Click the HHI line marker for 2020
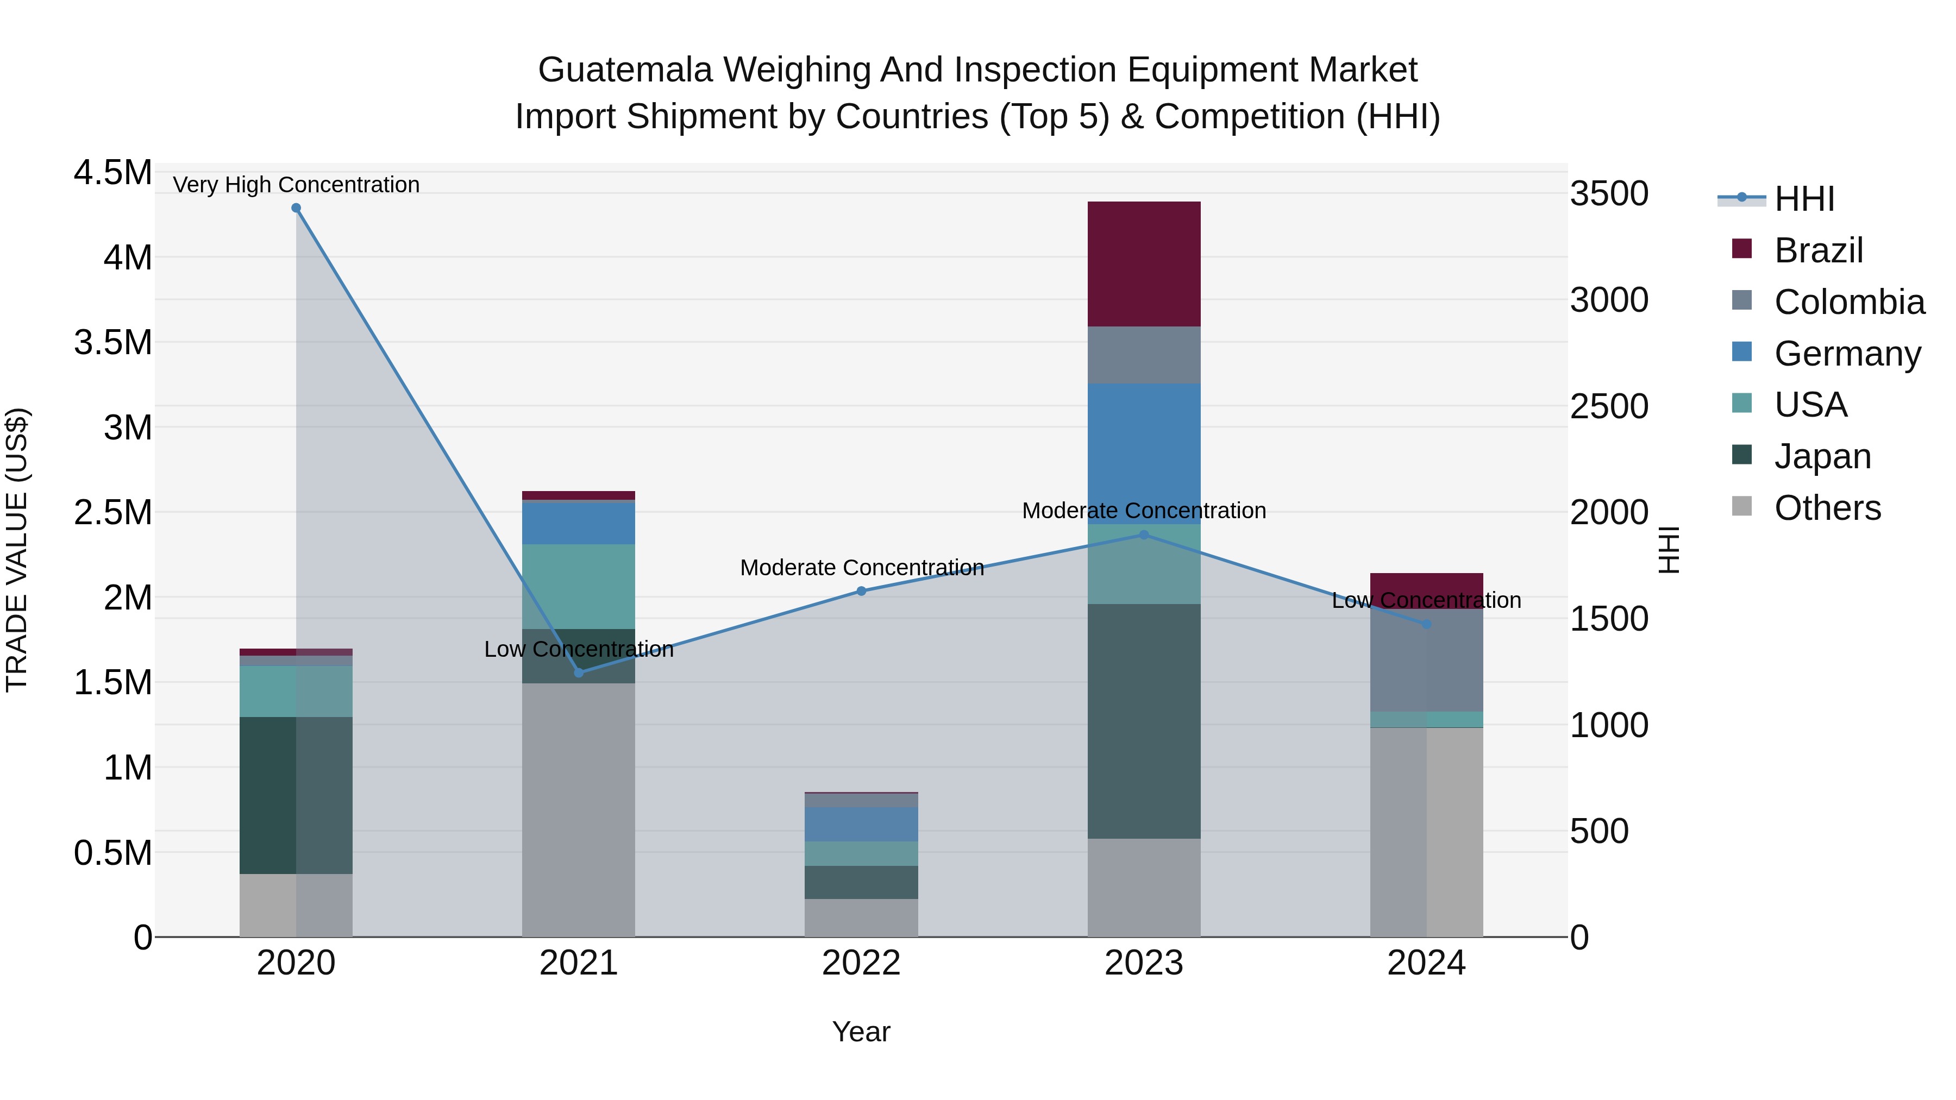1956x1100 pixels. (296, 208)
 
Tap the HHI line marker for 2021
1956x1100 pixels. (579, 672)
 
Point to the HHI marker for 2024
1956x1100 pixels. (1427, 624)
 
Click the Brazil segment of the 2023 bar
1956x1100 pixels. (1144, 264)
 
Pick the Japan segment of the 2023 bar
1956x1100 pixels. (1144, 721)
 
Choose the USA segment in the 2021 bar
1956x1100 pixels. (579, 586)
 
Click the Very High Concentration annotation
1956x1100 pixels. (296, 185)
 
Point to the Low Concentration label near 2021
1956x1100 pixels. (579, 649)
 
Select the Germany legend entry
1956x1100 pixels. (1847, 354)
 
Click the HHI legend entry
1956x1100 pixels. (1804, 199)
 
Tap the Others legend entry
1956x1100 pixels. (1827, 508)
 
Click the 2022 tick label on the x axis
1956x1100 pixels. (861, 963)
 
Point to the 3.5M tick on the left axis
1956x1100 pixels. (112, 342)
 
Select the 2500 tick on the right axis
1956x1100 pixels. (1609, 406)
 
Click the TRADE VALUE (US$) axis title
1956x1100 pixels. (17, 550)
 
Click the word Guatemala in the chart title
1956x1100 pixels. (625, 70)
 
